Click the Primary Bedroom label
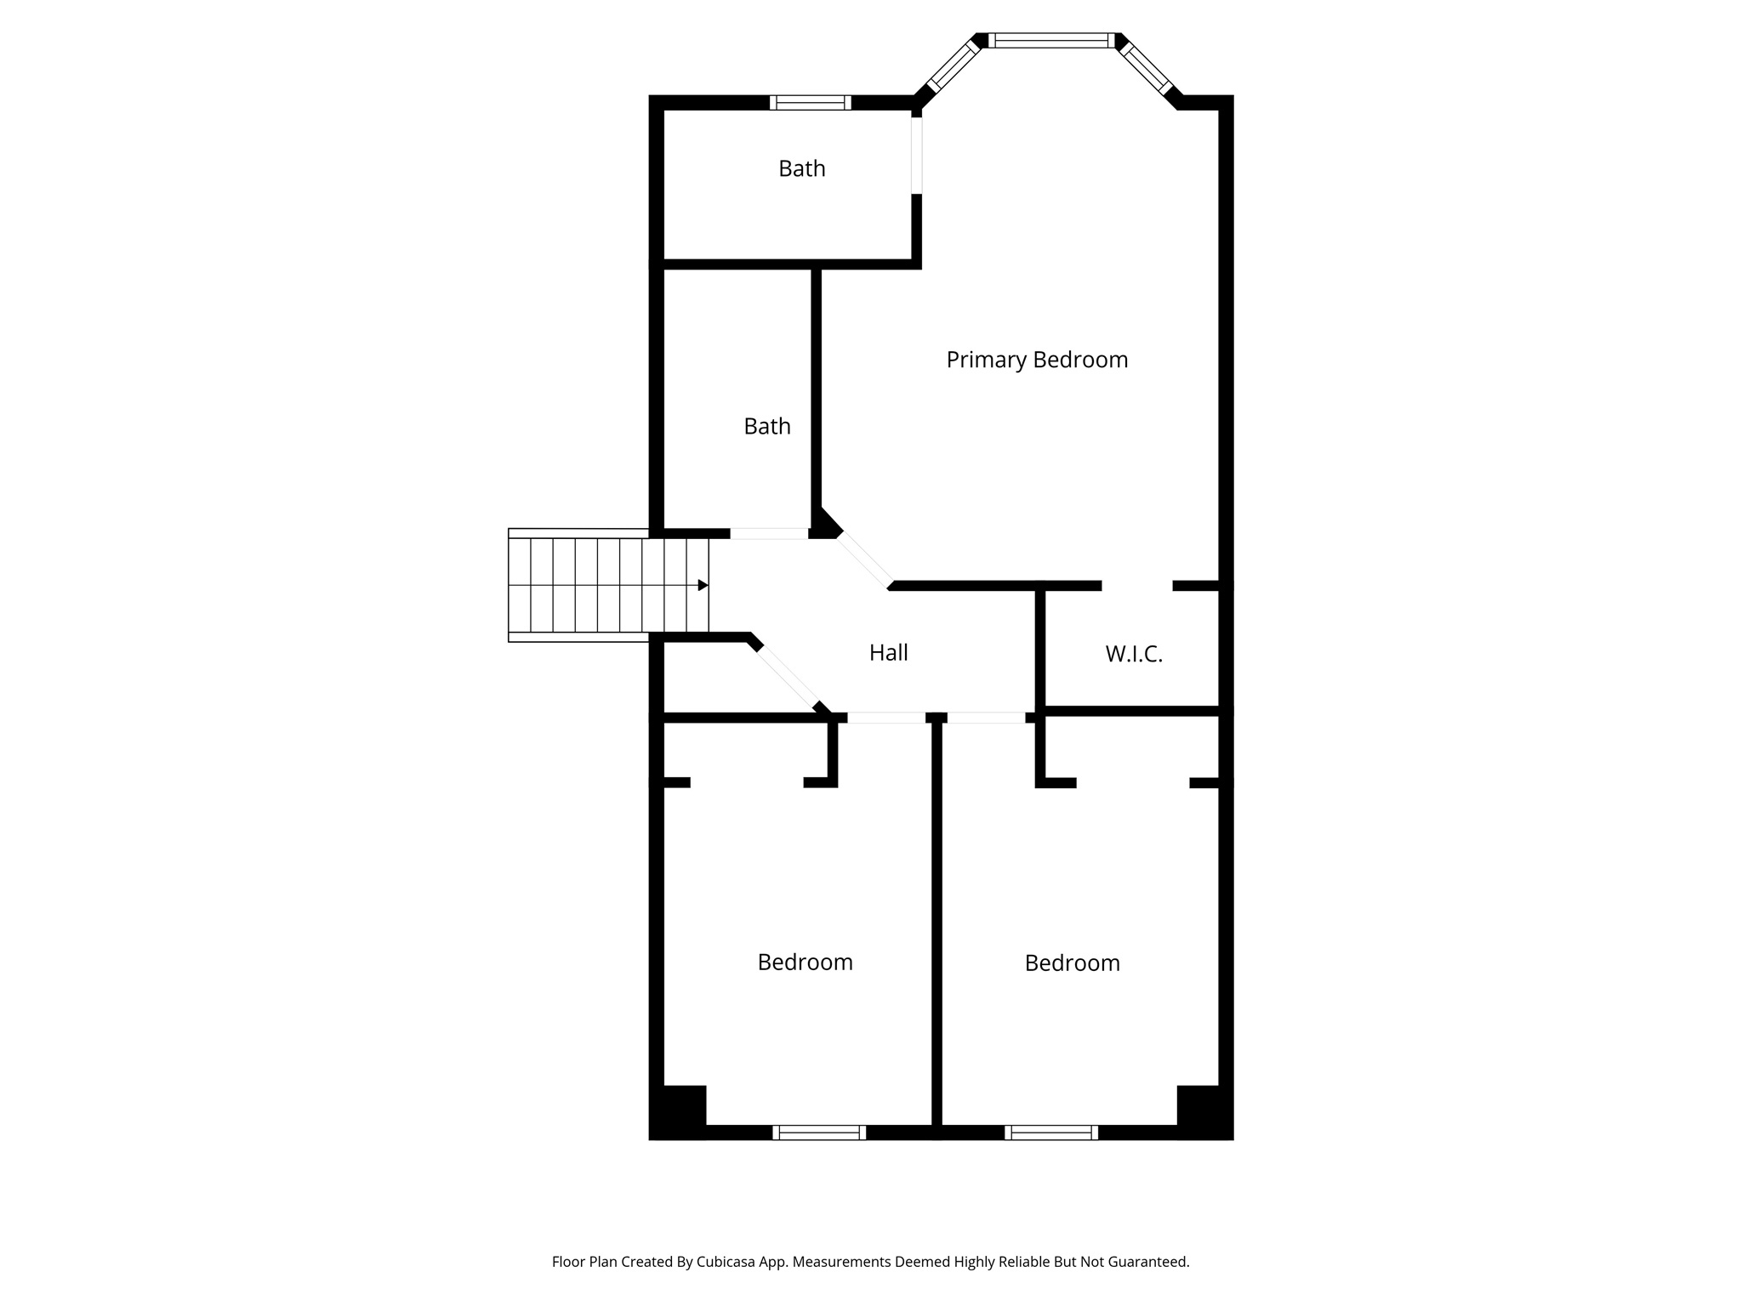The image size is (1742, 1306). point(1037,360)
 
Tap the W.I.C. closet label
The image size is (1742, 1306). point(1134,654)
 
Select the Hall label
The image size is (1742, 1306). point(888,652)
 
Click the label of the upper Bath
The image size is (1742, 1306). point(801,168)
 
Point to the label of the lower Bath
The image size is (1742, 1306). point(766,426)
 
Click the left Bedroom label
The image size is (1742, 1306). point(805,962)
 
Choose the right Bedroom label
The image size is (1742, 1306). point(1072,962)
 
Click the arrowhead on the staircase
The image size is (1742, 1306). point(703,585)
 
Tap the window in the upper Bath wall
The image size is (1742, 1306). point(810,103)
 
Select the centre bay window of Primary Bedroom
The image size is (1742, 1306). point(1051,40)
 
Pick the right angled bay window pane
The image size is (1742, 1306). point(1146,66)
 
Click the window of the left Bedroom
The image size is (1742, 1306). point(819,1133)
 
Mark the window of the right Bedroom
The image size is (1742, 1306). point(1051,1133)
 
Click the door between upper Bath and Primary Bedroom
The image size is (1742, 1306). point(916,156)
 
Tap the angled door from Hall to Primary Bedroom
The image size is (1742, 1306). point(864,559)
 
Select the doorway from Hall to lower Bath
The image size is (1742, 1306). point(769,534)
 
